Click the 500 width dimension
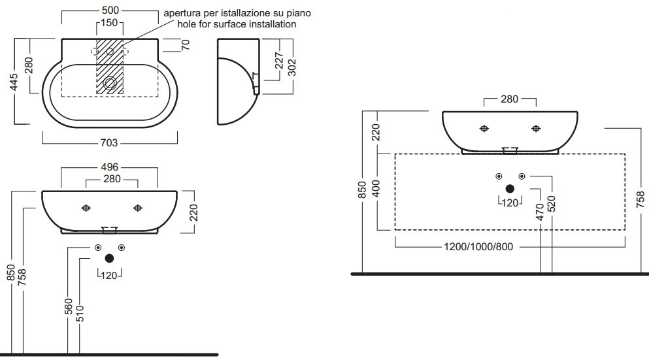(x=110, y=10)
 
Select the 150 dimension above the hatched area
(x=109, y=22)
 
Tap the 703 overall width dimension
(x=109, y=142)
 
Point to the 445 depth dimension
(x=14, y=82)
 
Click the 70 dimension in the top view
(x=186, y=44)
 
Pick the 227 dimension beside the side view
(x=279, y=60)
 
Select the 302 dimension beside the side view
(x=291, y=67)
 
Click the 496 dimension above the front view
(x=110, y=167)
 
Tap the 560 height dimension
(x=69, y=306)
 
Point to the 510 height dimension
(x=80, y=313)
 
